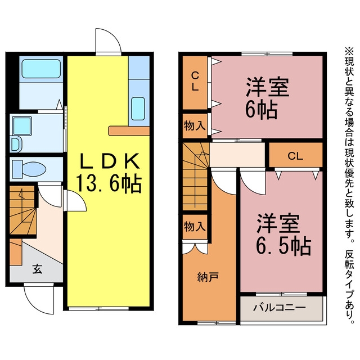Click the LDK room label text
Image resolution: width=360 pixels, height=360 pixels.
tap(109, 161)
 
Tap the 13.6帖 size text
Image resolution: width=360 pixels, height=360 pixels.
tap(109, 183)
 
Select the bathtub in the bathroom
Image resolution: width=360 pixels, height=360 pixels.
tap(41, 69)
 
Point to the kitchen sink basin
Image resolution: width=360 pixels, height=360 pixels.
tap(138, 109)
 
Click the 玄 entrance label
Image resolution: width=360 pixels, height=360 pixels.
tap(37, 269)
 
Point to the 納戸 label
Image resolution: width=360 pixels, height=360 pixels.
tap(208, 277)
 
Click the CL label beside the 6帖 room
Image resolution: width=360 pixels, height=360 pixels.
tap(195, 81)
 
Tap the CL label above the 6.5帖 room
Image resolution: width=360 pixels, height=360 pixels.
tap(295, 156)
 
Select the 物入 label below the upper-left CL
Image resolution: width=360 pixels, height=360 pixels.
tap(195, 125)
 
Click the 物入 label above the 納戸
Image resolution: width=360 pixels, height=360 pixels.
tap(195, 227)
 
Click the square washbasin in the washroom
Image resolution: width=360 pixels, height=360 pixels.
tap(22, 126)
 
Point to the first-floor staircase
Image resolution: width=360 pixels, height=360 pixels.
tap(22, 210)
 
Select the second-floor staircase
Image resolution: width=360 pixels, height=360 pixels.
tap(196, 176)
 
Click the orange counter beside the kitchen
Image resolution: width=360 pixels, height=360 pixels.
tap(129, 130)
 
